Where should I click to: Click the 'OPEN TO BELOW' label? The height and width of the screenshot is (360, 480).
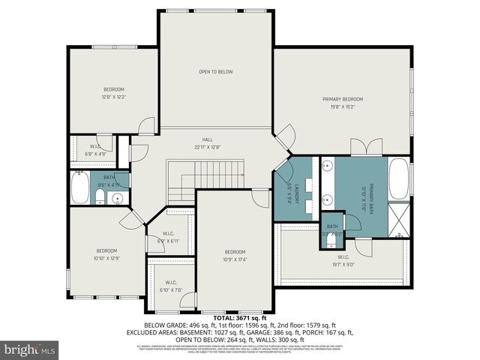click(x=215, y=72)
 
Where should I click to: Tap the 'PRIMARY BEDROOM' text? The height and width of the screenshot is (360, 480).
click(x=343, y=99)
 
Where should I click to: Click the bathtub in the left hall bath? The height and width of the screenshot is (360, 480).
click(x=79, y=188)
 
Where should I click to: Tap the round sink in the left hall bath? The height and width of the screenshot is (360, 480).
click(x=115, y=199)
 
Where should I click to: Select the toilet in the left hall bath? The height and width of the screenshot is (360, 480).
click(x=99, y=198)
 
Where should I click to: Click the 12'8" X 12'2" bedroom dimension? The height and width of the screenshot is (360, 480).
click(x=114, y=97)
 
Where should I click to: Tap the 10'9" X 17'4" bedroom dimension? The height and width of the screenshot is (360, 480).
click(x=235, y=259)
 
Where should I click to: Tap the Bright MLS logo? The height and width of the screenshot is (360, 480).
click(x=30, y=349)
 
